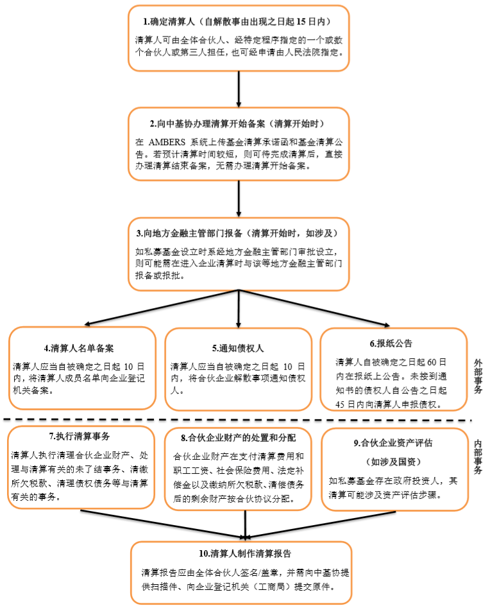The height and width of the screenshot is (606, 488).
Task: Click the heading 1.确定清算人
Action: pos(169,22)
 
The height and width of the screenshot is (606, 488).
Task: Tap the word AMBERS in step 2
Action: pos(167,143)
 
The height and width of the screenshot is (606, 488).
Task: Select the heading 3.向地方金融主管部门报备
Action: pos(189,234)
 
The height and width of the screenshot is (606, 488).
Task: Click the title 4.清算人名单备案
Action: pos(79,348)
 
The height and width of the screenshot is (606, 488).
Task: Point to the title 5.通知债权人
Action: pos(238,348)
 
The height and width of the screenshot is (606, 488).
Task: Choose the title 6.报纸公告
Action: pos(391,343)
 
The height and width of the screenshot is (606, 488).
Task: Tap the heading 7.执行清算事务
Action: pos(80,437)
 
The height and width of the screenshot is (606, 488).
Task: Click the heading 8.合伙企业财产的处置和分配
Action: pos(238,438)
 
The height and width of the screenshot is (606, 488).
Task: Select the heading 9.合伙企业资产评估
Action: pos(393,443)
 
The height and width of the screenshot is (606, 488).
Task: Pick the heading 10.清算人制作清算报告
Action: pos(245,553)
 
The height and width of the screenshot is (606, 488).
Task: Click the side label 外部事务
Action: pos(478,376)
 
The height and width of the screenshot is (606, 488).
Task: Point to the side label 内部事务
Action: pos(478,456)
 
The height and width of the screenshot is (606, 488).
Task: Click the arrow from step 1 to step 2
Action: pos(239,89)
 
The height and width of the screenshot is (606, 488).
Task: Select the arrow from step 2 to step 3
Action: pos(239,198)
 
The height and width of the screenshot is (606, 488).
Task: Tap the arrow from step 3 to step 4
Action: pos(162,307)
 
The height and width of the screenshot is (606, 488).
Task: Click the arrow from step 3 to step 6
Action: pos(314,308)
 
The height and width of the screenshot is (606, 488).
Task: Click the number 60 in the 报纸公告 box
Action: pos(432,362)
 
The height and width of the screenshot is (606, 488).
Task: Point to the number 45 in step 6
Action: pos(340,404)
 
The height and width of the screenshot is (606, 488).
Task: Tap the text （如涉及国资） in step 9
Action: pos(393,462)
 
